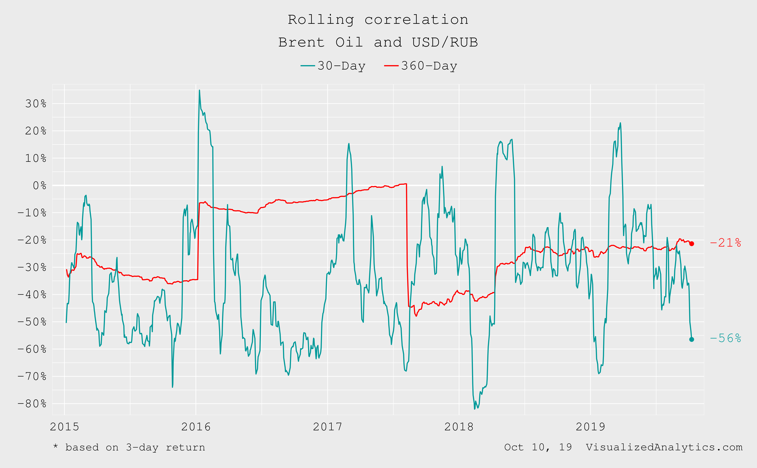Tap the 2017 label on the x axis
coord(327,427)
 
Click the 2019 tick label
coord(590,427)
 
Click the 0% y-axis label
coord(40,185)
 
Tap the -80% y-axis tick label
coord(32,404)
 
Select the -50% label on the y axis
coord(32,322)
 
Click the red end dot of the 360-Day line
coord(691,244)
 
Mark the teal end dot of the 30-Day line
coord(691,339)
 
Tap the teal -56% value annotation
coord(726,338)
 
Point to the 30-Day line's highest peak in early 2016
coord(199,90)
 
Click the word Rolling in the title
coord(321,20)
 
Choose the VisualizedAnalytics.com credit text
coord(664,447)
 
